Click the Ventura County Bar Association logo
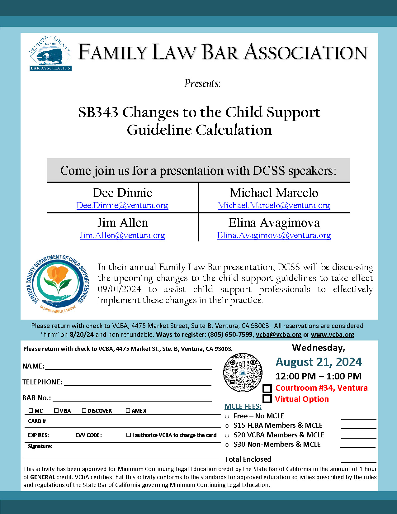[50, 53]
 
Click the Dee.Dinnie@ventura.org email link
[122, 205]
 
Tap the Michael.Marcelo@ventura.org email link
[274, 205]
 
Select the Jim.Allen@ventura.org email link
[122, 235]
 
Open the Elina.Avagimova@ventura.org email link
[274, 235]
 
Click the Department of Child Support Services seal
[58, 284]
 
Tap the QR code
[243, 373]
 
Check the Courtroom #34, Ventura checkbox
[267, 388]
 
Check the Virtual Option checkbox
[267, 399]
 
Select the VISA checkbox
[56, 411]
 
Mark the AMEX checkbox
[128, 411]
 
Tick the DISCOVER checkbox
[84, 411]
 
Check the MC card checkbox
[31, 411]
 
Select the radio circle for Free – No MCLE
[227, 416]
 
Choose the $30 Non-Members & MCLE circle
[227, 445]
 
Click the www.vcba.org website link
[333, 335]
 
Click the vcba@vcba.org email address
[279, 335]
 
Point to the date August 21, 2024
[319, 362]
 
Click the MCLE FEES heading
[243, 406]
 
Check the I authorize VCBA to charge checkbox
[129, 435]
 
